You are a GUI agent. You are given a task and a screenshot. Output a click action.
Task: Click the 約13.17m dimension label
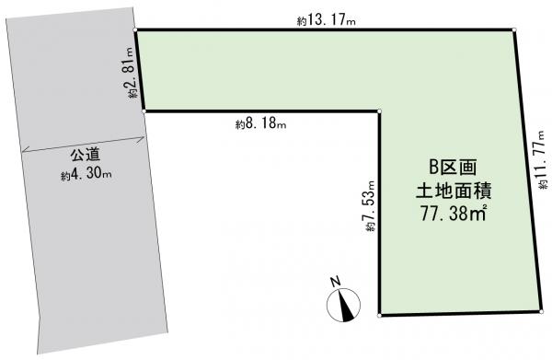(x=326, y=20)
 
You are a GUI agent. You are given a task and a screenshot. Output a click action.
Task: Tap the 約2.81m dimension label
(x=129, y=73)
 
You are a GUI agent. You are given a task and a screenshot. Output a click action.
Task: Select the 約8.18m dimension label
(x=260, y=123)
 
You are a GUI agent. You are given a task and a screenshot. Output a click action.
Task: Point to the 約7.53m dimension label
(x=370, y=205)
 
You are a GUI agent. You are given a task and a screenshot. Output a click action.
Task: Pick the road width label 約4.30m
(x=86, y=174)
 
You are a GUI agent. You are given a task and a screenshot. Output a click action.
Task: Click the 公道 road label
(x=86, y=155)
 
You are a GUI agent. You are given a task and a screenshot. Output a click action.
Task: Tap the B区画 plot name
(x=453, y=168)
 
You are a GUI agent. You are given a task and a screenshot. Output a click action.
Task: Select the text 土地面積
(x=454, y=192)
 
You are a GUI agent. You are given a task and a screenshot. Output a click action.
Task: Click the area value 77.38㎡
(x=454, y=214)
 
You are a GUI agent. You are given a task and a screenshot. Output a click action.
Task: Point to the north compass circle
(x=343, y=305)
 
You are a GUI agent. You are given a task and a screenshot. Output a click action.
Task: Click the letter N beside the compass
(x=335, y=281)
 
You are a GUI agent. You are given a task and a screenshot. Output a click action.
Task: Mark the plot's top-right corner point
(x=514, y=30)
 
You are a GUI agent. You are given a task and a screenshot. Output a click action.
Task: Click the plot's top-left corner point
(x=135, y=30)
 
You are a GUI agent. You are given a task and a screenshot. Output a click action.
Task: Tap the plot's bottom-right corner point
(x=541, y=312)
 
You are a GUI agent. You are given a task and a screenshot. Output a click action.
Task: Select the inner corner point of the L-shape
(x=379, y=111)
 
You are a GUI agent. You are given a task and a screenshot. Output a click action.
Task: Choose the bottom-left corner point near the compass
(x=379, y=315)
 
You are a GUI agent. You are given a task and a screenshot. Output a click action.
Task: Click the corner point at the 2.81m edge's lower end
(x=144, y=111)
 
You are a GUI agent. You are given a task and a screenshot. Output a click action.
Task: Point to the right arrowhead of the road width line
(x=143, y=139)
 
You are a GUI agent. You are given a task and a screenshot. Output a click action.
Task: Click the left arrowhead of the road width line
(x=25, y=151)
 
